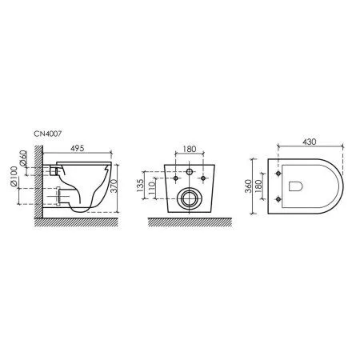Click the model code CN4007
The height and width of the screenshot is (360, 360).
point(47,134)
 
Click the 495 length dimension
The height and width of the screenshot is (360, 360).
point(78,148)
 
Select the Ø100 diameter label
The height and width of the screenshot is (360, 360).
point(14,176)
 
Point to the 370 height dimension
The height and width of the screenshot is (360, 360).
point(114,186)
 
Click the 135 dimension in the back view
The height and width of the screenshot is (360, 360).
point(141,185)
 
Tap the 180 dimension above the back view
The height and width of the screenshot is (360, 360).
point(190,149)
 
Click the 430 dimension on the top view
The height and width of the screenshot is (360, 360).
point(310,142)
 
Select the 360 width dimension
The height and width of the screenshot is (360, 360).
point(248,186)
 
